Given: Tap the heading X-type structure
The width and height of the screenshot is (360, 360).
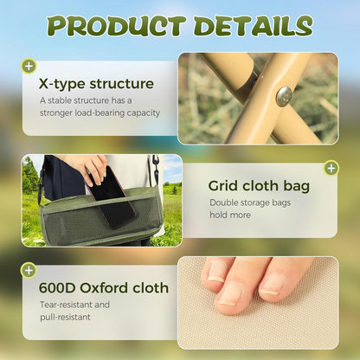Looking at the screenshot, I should (x=96, y=85).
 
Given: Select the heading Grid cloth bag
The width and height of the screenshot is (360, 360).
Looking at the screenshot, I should (x=259, y=185).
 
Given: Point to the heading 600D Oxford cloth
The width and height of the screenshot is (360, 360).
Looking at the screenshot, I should (x=104, y=288).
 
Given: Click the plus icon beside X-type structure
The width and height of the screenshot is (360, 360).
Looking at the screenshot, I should (x=29, y=66).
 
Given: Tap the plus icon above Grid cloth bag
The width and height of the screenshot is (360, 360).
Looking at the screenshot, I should (x=331, y=167).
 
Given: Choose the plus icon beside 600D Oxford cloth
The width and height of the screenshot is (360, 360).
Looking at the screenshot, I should (x=29, y=270).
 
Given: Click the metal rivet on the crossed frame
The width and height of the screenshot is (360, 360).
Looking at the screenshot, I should (x=284, y=95).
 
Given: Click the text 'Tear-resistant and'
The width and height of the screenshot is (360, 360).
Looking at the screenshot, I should (x=75, y=305).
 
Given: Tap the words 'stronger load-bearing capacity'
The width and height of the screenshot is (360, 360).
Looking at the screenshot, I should (x=100, y=112).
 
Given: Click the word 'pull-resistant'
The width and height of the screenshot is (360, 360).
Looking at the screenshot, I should (x=66, y=318).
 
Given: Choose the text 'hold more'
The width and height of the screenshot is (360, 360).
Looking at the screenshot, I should (x=228, y=215).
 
